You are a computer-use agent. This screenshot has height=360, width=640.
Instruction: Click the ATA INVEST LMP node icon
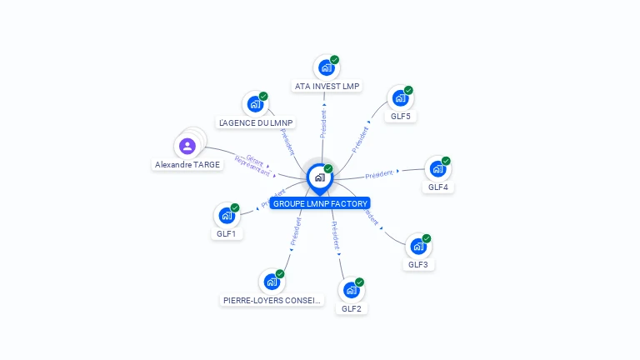point(326,67)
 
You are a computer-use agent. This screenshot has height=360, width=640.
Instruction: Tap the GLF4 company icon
point(437,169)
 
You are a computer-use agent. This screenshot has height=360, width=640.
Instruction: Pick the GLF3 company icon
point(417,247)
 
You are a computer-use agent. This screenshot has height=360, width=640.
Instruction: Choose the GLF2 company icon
point(351,290)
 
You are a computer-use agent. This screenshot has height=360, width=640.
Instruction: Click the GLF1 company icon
point(226,216)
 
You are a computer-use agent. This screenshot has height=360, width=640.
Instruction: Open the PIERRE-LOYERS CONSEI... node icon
point(271,282)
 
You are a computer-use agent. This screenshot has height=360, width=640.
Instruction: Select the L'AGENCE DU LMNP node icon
point(254,104)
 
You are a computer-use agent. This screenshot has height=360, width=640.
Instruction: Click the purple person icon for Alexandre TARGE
point(187,147)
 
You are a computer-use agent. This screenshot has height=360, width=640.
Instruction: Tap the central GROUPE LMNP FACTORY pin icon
point(319,177)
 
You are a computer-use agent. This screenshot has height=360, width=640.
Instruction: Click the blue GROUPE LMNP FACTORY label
point(319,203)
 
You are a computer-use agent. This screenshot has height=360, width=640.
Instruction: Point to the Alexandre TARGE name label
point(187,165)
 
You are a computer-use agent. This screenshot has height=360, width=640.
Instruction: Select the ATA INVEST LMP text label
point(327,86)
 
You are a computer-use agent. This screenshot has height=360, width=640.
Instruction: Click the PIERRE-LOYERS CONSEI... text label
point(272,300)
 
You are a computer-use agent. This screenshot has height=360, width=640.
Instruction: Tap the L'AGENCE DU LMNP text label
point(255,122)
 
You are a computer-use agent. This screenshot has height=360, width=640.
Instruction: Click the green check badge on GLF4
point(446,161)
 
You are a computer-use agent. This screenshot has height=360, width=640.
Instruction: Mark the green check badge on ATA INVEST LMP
point(334,60)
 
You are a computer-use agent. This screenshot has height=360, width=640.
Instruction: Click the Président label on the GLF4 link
point(379,173)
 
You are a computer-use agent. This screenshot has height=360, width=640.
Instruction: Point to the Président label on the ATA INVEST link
point(323,122)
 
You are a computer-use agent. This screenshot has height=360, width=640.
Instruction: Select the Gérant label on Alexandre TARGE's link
point(255,159)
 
